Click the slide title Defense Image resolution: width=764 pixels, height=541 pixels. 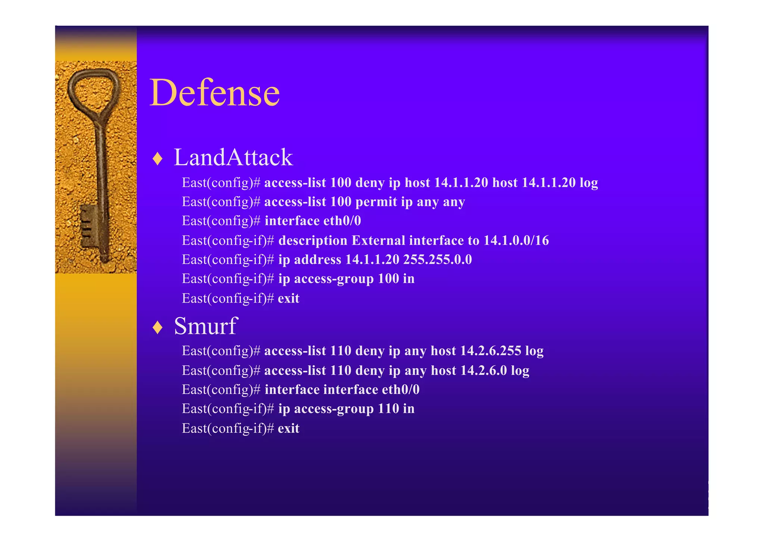point(215,93)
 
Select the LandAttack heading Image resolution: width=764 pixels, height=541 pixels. point(233,157)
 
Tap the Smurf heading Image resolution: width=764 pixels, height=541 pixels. point(206,326)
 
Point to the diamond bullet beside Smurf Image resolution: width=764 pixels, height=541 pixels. point(158,328)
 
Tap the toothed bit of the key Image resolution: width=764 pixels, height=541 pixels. point(89,226)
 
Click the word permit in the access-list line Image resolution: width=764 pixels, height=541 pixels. point(376,202)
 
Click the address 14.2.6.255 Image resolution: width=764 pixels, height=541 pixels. point(491,351)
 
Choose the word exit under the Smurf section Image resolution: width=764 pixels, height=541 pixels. point(288,429)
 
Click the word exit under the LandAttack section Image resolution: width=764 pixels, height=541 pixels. point(288,298)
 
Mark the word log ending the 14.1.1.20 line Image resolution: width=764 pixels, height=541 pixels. point(589,183)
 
